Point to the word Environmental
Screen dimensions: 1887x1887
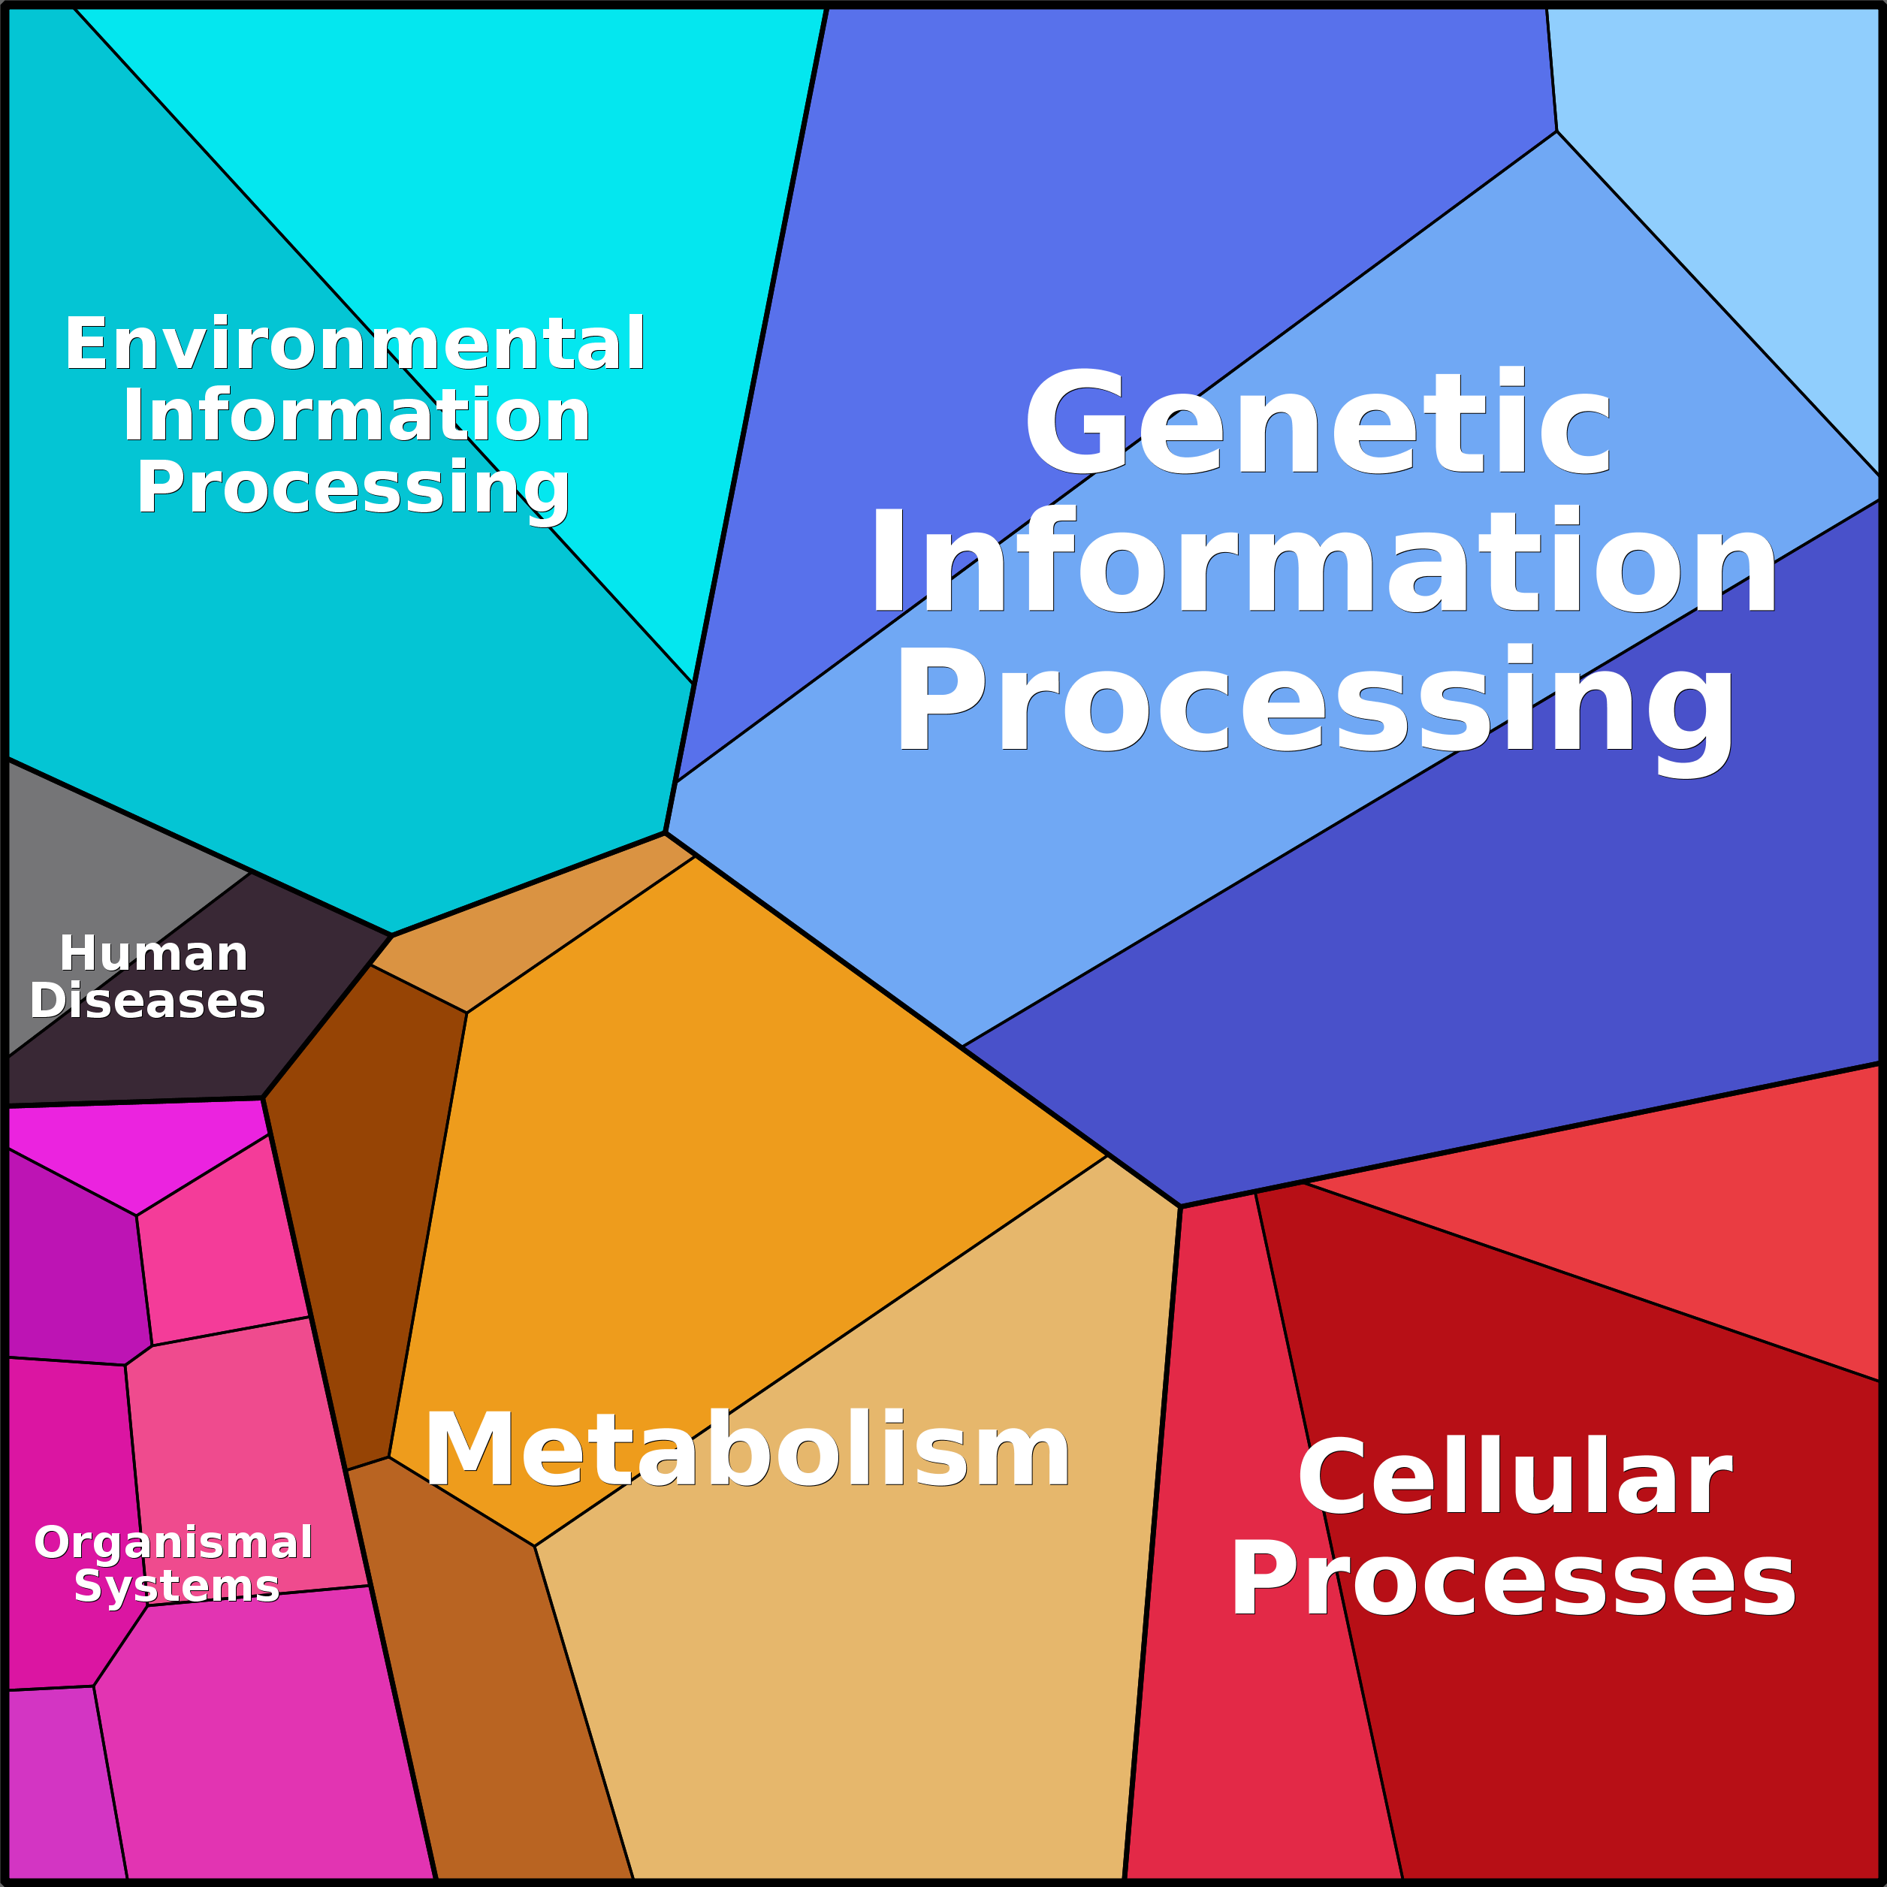tap(355, 344)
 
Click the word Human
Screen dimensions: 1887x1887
tap(153, 953)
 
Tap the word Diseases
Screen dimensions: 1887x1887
tap(147, 1001)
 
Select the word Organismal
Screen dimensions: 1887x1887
tap(173, 1542)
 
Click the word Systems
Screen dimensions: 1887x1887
tap(177, 1587)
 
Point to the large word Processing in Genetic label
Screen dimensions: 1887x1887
tap(1315, 703)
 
